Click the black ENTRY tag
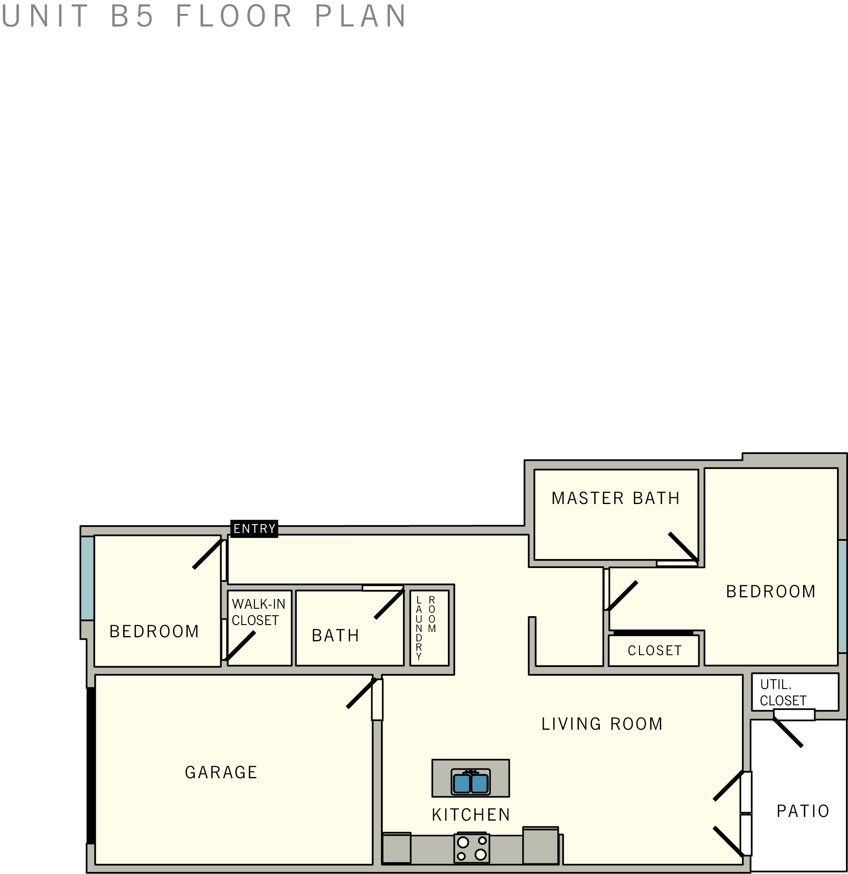coord(254,528)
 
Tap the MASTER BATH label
coord(616,498)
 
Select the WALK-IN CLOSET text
coord(258,612)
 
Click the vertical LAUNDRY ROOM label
coord(425,627)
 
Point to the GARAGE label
coord(221,772)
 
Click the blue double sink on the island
coord(470,784)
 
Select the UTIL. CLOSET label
coord(783,693)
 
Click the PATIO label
coord(803,811)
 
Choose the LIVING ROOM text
coord(602,724)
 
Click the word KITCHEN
coord(471,815)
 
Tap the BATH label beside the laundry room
coord(336,636)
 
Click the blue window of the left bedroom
coord(87,578)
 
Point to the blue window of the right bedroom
coord(842,597)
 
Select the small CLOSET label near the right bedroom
coord(655,651)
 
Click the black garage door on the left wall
coord(91,765)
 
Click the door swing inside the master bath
coord(683,547)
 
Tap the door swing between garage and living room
coord(361,693)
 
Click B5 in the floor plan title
coord(132,16)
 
